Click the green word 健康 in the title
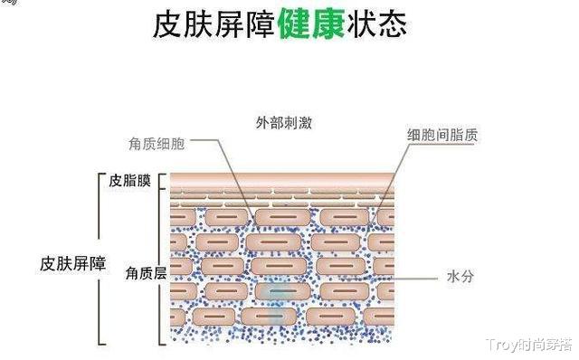point(310,24)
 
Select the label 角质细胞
point(158,143)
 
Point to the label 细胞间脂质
point(441,134)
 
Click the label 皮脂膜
point(128,181)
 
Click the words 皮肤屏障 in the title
point(214,24)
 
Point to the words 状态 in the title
point(375,24)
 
